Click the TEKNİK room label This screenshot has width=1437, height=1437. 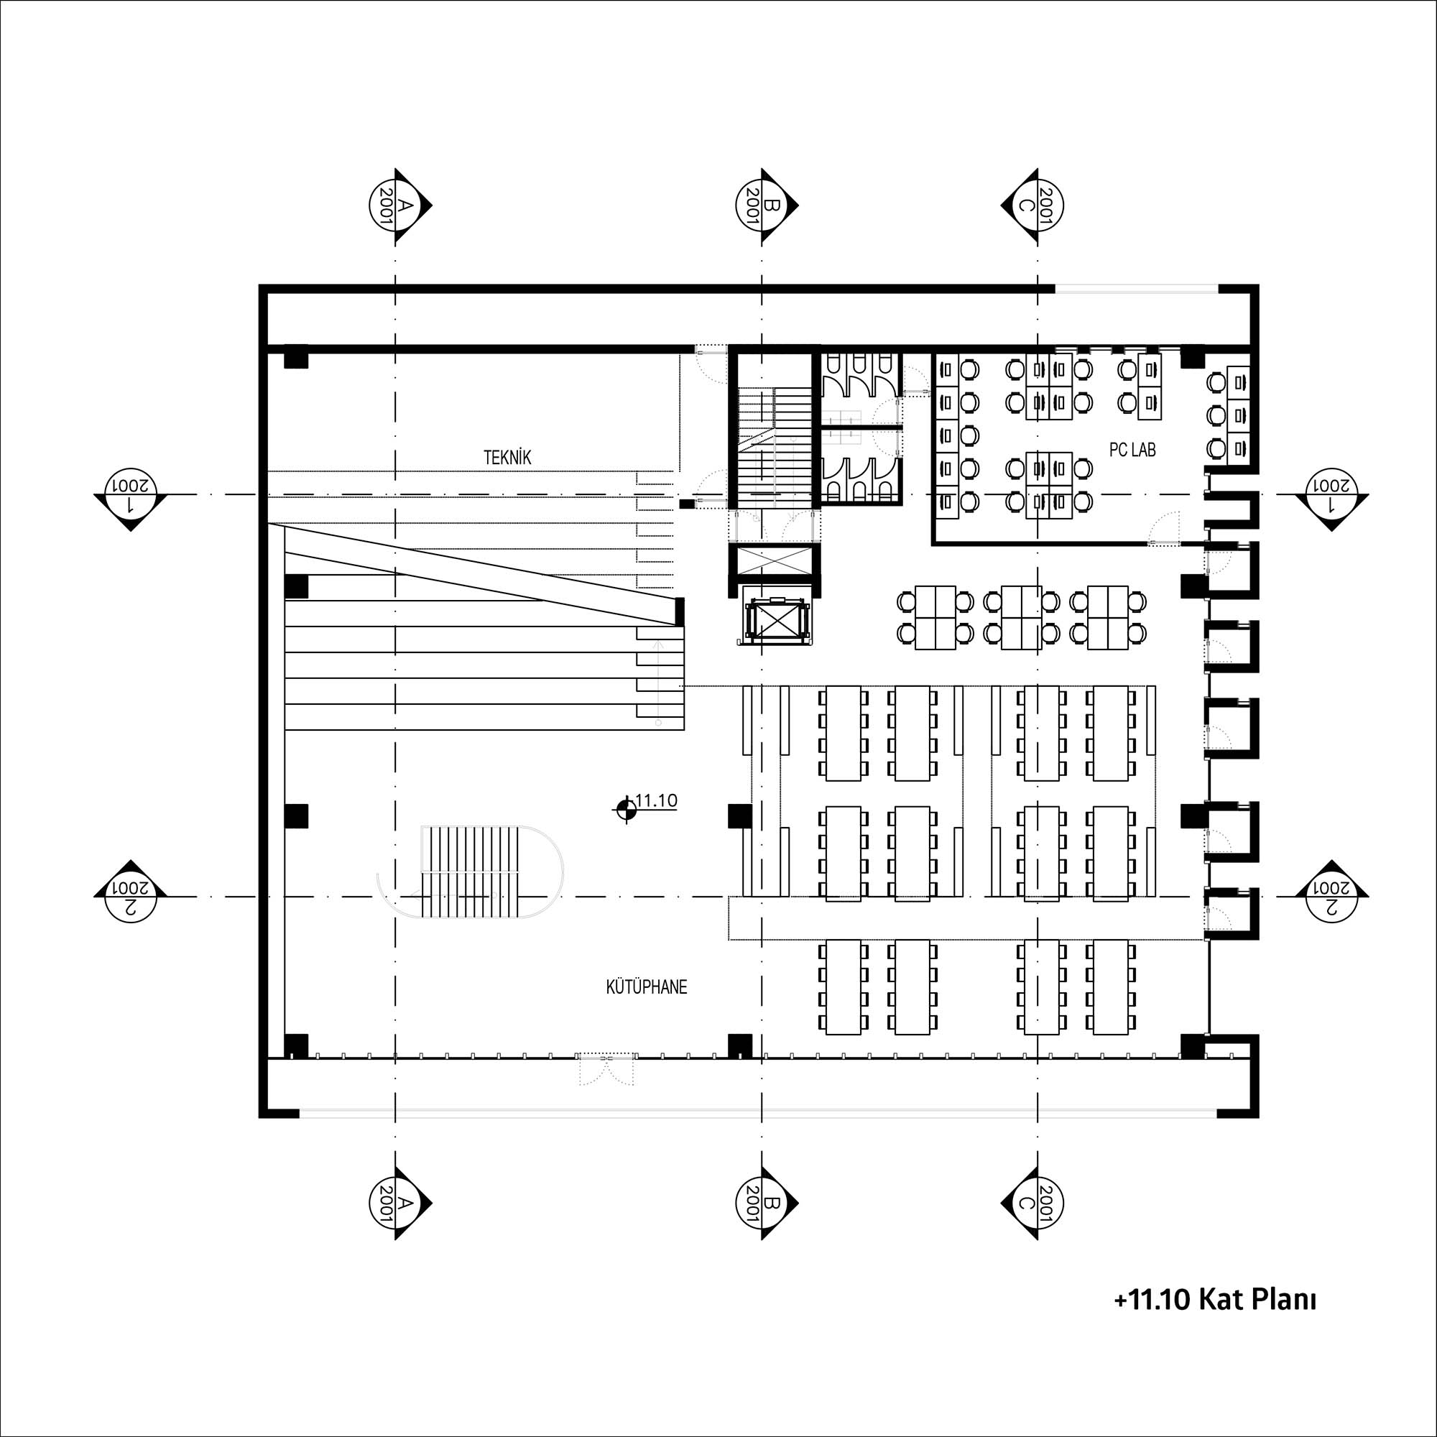pos(508,458)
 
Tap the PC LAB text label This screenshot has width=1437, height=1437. pos(1133,450)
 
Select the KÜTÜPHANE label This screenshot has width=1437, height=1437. pos(647,988)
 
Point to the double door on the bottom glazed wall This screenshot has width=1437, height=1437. pos(608,1069)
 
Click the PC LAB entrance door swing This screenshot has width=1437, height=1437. pos(1164,527)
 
